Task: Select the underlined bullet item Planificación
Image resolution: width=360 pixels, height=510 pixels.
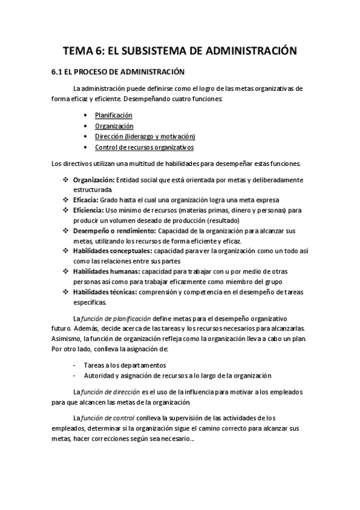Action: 114,115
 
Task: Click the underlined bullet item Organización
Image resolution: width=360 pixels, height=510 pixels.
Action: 114,126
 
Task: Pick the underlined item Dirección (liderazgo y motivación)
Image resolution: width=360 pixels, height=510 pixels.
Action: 145,137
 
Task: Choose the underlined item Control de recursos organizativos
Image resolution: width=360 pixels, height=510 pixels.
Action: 144,147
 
